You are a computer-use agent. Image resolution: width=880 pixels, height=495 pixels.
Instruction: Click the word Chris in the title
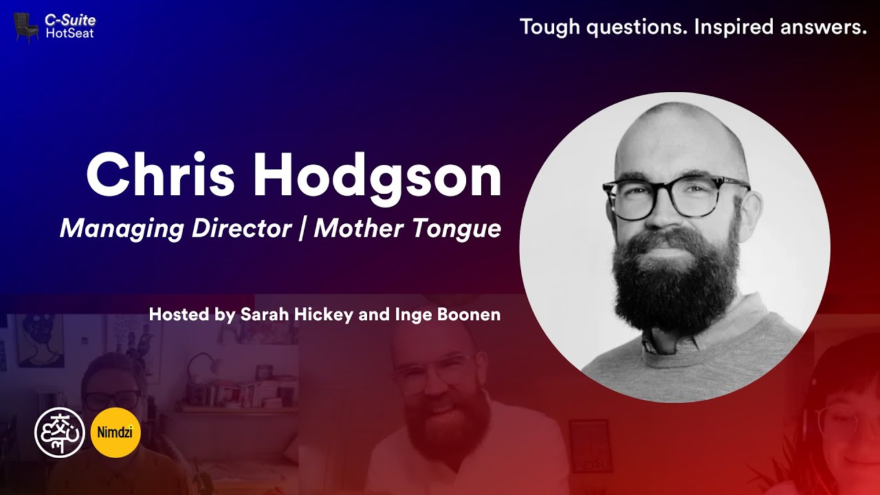coord(162,175)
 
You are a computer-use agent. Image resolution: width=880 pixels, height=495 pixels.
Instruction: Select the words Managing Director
coord(176,229)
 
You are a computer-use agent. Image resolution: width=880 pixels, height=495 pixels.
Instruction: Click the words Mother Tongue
coord(408,229)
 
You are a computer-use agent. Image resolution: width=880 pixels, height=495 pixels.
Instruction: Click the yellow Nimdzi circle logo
coord(115,432)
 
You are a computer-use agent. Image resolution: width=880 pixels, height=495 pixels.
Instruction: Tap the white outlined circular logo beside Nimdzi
coord(60,432)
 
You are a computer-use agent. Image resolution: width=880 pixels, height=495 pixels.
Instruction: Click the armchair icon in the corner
coord(26,28)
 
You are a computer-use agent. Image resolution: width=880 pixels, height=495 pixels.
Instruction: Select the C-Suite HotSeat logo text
coord(69,27)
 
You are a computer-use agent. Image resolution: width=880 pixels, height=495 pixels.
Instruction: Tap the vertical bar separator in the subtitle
coord(303,229)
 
